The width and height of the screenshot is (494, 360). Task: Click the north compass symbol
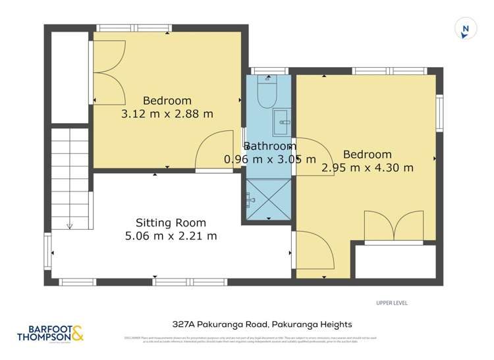click(466, 29)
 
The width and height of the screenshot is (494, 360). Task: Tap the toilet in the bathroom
click(267, 93)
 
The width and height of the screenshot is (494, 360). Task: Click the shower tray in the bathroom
click(267, 197)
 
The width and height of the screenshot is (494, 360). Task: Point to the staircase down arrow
click(70, 226)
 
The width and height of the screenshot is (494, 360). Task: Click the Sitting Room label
click(171, 222)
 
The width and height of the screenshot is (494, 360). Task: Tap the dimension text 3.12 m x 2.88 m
click(167, 114)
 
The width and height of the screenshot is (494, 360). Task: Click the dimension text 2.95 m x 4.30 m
click(367, 168)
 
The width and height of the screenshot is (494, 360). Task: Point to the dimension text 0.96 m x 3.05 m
click(270, 159)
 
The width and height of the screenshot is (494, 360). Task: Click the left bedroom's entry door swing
click(214, 151)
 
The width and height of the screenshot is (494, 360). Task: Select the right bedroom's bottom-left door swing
click(316, 253)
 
